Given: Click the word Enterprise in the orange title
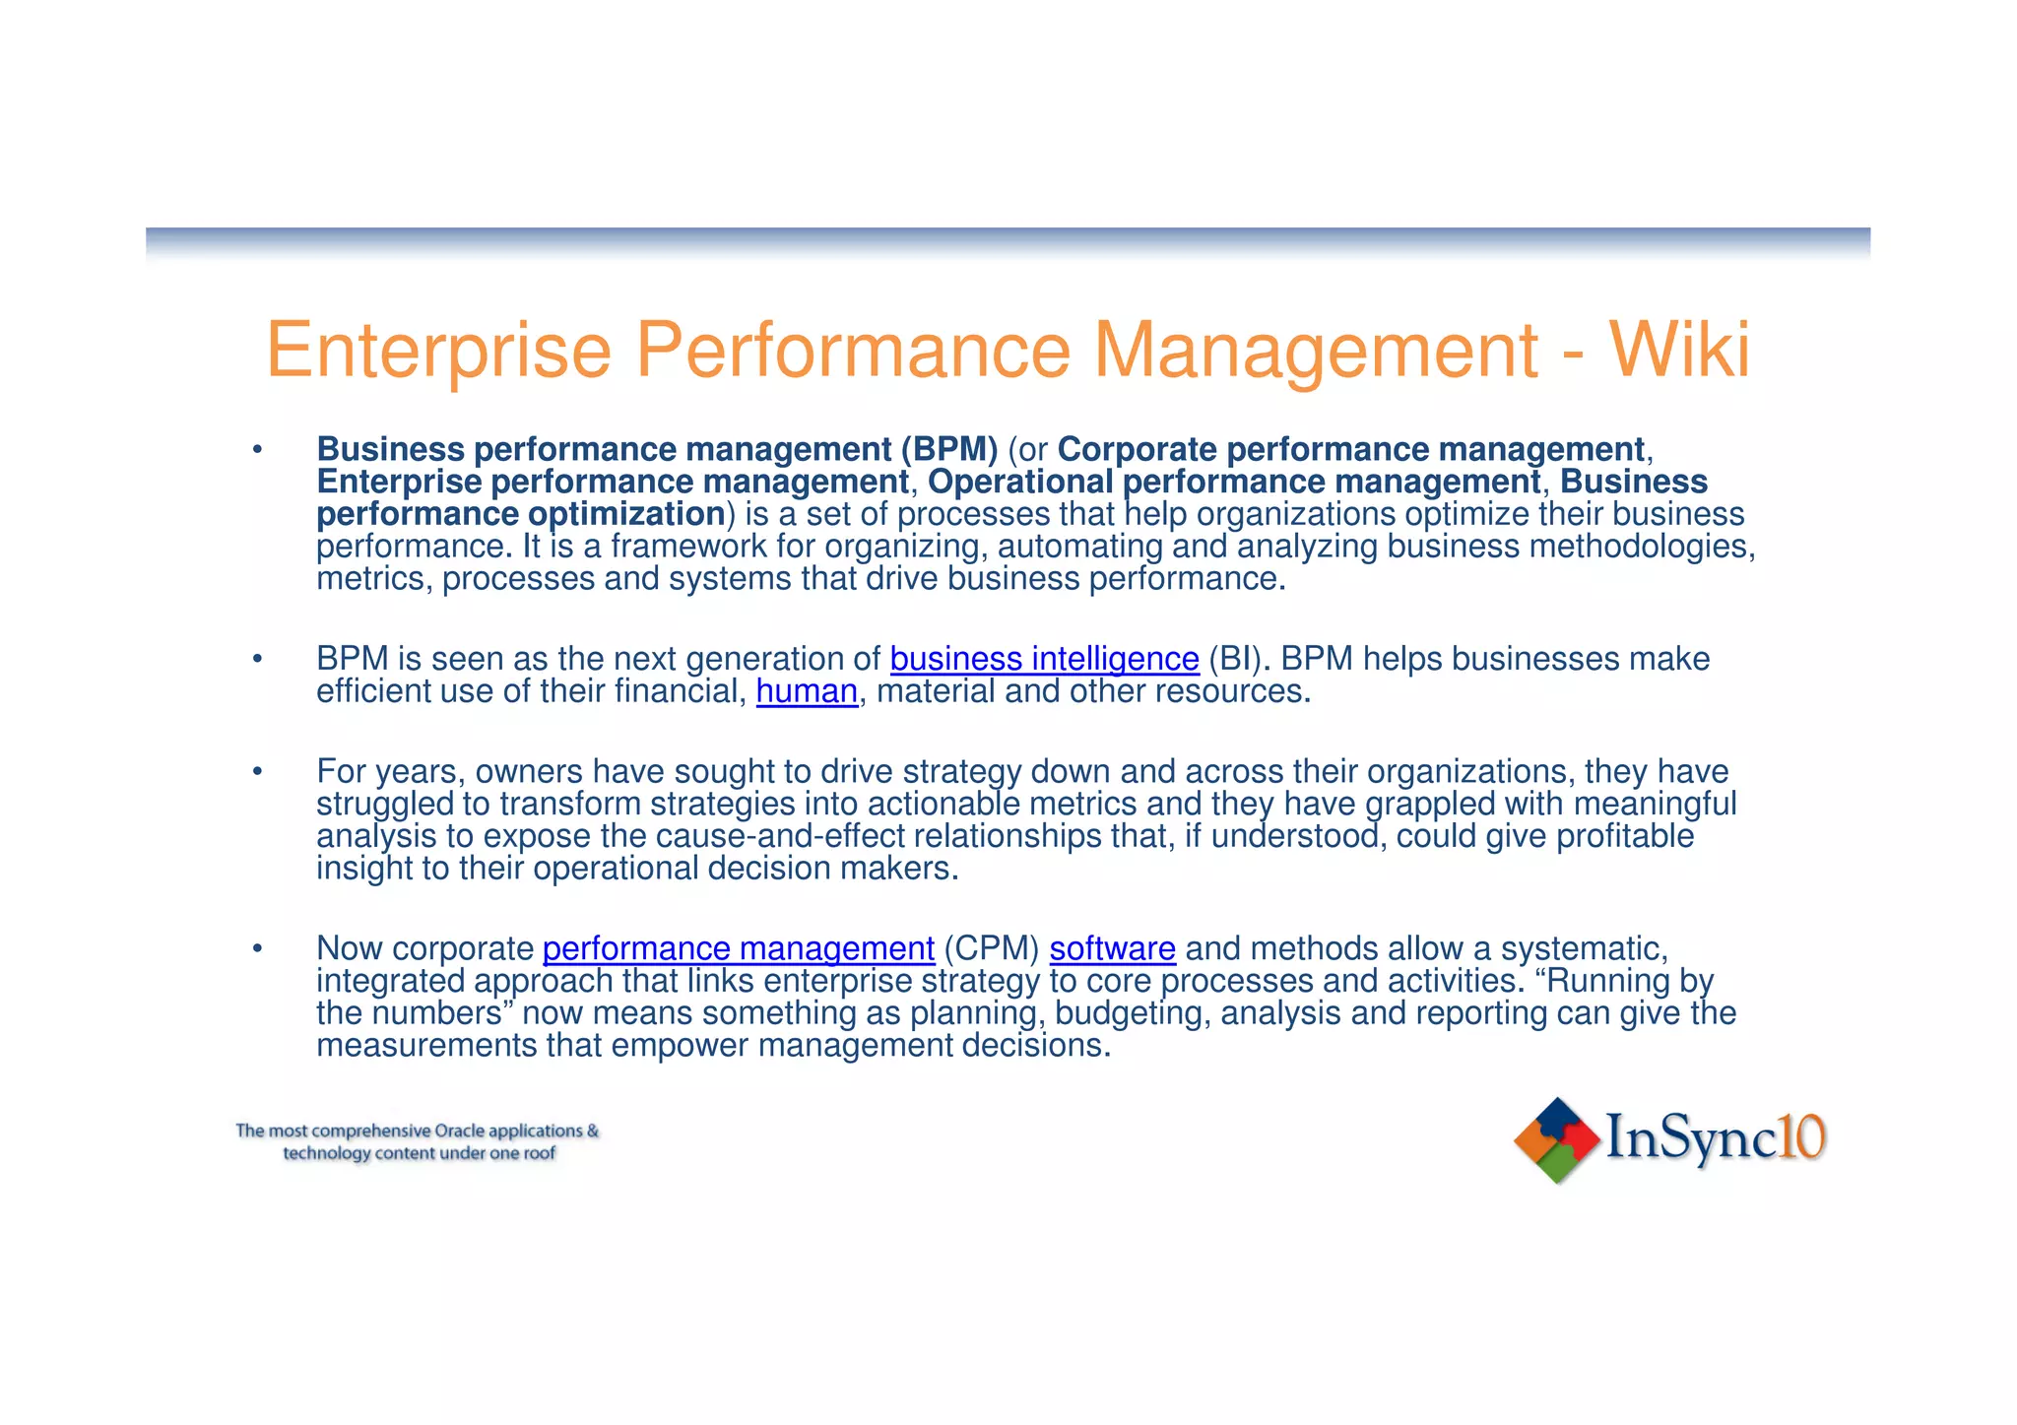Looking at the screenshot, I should point(438,352).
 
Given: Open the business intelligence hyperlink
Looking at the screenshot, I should point(1044,659).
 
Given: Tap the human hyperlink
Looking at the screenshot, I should point(807,691).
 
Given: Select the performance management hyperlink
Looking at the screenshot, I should point(738,948).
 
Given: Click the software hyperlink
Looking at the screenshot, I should point(1112,948).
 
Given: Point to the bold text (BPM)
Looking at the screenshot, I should point(948,450).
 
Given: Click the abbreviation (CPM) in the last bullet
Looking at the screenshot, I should point(991,948).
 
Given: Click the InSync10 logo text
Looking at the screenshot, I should point(1715,1138).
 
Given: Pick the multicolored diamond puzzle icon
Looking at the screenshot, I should point(1556,1139).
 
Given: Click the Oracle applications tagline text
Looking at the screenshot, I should point(418,1141).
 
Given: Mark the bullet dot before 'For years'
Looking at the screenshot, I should point(257,772).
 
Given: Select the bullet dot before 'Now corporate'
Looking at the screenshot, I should point(257,949).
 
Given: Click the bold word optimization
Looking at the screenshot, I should point(626,514).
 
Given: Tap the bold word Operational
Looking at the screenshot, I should point(1020,483).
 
